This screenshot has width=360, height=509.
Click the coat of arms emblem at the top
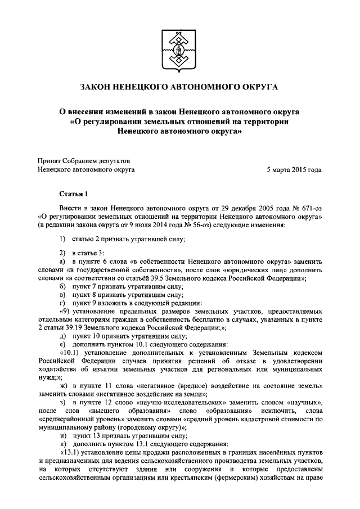(x=179, y=48)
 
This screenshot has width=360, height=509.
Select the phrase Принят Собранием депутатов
(x=83, y=160)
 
